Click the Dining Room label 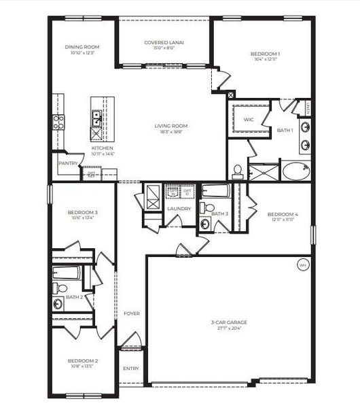pyautogui.click(x=82, y=47)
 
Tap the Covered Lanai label pyautogui.click(x=164, y=42)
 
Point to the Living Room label pyautogui.click(x=170, y=126)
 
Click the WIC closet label pyautogui.click(x=249, y=119)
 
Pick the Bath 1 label pyautogui.click(x=285, y=129)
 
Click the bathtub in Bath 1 pyautogui.click(x=295, y=169)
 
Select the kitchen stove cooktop pyautogui.click(x=58, y=122)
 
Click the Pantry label pyautogui.click(x=68, y=163)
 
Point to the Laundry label pyautogui.click(x=179, y=208)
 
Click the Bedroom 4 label pyautogui.click(x=283, y=214)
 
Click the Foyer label pyautogui.click(x=132, y=313)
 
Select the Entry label pyautogui.click(x=130, y=369)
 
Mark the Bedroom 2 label pyautogui.click(x=82, y=360)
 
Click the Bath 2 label pyautogui.click(x=75, y=297)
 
